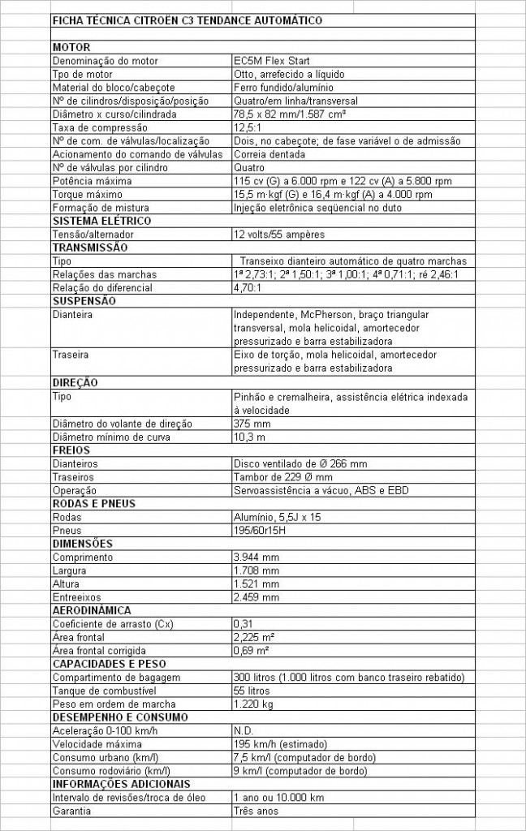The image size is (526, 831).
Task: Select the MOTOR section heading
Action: [71, 47]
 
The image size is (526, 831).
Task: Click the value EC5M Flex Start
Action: [271, 61]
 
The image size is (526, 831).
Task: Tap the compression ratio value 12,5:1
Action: [248, 127]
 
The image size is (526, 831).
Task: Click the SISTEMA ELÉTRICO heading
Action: [101, 221]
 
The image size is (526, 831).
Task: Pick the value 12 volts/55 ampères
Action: [279, 235]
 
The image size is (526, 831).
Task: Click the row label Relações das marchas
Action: [104, 274]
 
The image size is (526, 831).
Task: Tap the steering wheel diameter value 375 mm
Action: [252, 423]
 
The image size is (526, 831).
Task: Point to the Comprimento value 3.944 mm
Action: [256, 557]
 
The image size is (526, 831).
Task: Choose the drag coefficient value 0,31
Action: [244, 623]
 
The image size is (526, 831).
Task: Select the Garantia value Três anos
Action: [256, 810]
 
